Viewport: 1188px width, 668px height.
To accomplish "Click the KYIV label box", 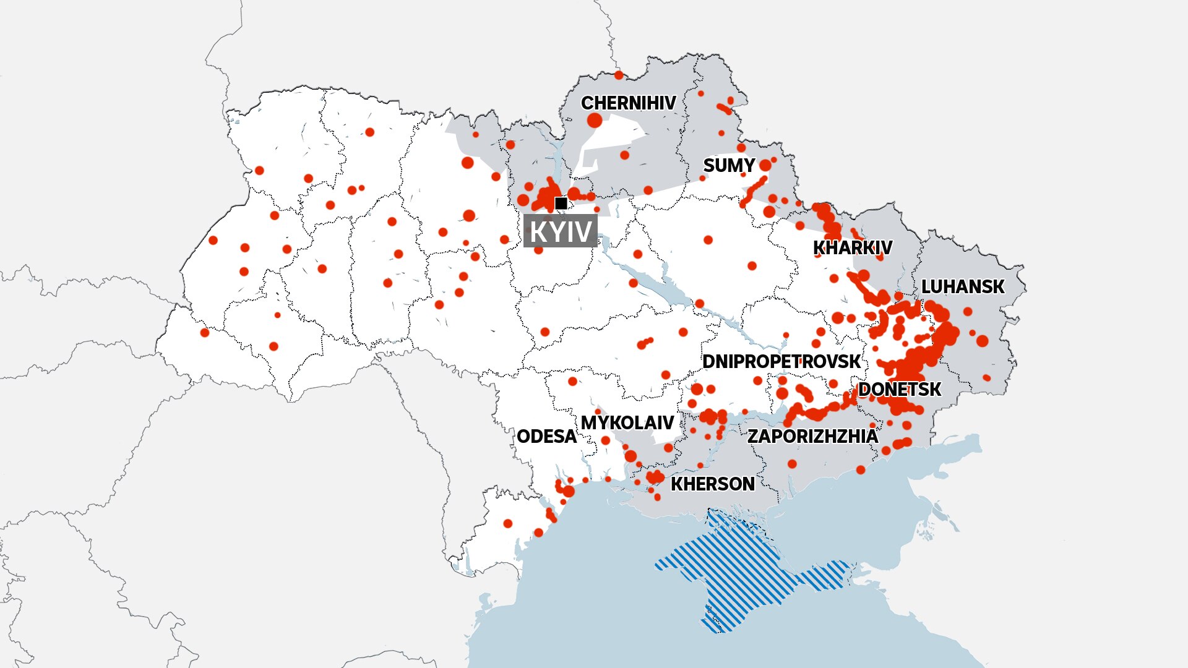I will (x=561, y=231).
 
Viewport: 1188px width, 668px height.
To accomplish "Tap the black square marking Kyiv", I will (x=561, y=203).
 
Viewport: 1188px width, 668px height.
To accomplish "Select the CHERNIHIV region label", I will (x=628, y=103).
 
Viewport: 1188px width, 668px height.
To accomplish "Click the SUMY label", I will (x=729, y=166).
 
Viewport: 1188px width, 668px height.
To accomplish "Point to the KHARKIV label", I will (x=852, y=248).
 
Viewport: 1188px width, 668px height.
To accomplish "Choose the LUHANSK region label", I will (x=963, y=287).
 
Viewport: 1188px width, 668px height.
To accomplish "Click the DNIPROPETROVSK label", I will (x=781, y=362).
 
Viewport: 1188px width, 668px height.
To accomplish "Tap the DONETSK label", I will (x=899, y=390).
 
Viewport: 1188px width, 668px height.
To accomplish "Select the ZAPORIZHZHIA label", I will (x=812, y=437).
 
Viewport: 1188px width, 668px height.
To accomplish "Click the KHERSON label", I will (x=712, y=484).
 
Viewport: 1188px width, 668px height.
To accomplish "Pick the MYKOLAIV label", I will (x=627, y=423).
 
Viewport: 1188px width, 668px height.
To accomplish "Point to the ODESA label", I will (x=546, y=437).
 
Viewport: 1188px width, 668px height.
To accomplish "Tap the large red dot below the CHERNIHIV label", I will (x=595, y=120).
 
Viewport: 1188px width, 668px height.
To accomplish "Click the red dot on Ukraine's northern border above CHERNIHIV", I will (x=619, y=75).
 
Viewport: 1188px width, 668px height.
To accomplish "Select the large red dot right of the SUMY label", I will (x=765, y=165).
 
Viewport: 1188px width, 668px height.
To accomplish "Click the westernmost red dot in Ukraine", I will (x=205, y=333).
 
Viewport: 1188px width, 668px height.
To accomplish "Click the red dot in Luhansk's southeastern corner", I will (x=986, y=377).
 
